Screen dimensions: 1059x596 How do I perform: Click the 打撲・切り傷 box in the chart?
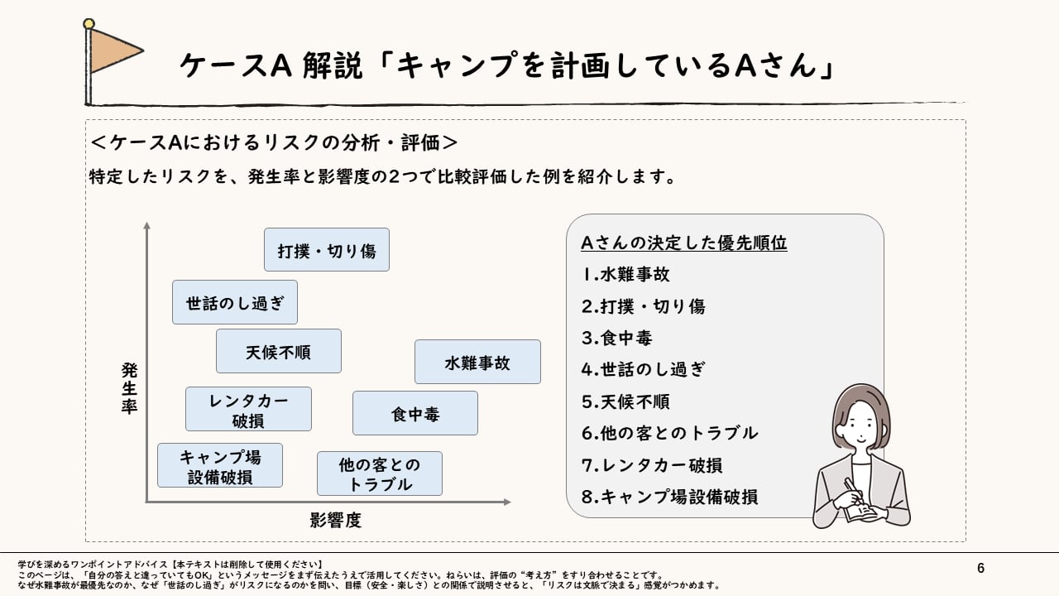click(327, 250)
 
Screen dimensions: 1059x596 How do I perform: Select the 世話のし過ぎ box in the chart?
click(235, 302)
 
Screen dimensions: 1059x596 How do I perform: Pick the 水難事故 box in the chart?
click(477, 362)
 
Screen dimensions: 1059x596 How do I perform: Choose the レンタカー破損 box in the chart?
click(248, 409)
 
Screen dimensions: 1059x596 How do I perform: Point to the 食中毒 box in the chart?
click(415, 413)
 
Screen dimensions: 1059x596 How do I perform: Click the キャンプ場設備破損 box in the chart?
click(220, 465)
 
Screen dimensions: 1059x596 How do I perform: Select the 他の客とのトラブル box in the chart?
click(380, 473)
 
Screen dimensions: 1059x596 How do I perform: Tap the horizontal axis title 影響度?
click(336, 520)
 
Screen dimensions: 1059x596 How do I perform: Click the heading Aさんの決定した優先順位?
click(683, 243)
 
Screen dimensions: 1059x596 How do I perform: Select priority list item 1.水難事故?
click(626, 275)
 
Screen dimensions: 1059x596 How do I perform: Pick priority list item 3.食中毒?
click(617, 338)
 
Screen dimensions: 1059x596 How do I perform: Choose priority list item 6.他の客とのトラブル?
click(669, 433)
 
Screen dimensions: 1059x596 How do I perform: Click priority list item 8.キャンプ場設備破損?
click(669, 497)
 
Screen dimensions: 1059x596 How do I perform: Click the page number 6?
click(981, 568)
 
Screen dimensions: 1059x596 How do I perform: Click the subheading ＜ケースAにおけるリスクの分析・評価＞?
click(273, 142)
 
